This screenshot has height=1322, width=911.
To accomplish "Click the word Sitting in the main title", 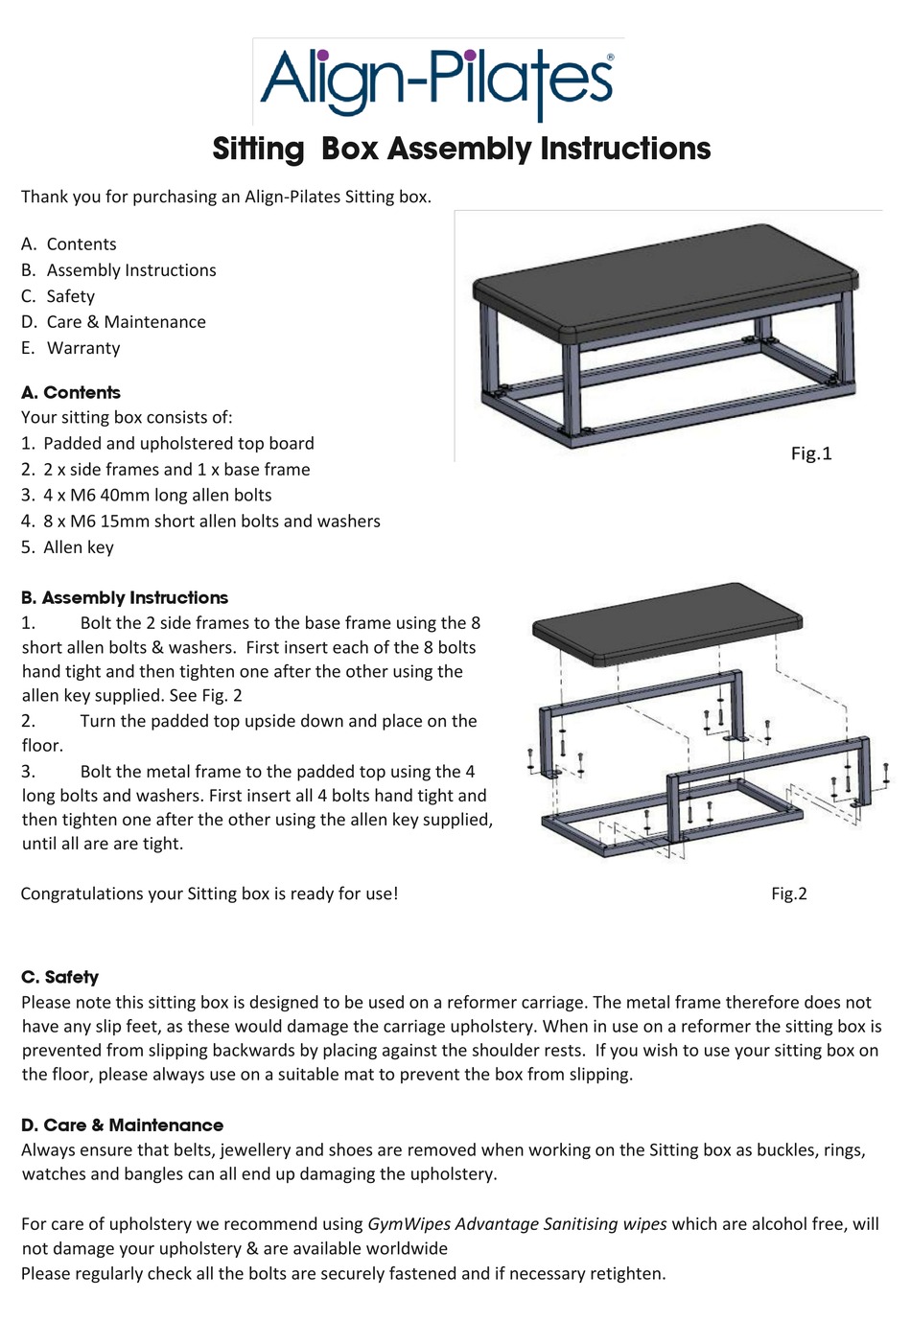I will [x=258, y=149].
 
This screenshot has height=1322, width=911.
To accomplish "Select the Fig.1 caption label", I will [x=810, y=453].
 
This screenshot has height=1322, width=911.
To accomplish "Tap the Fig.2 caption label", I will [x=788, y=893].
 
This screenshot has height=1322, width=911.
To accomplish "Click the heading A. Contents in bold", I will [x=70, y=392].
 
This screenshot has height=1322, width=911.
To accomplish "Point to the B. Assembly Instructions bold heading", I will [x=125, y=597].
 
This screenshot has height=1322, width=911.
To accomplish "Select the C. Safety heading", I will [x=59, y=977].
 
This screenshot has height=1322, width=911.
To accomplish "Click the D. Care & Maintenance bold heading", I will [x=122, y=1125].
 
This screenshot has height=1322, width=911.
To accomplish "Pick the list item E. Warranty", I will [x=71, y=348].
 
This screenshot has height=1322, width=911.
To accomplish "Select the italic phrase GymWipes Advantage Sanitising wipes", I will [x=517, y=1224].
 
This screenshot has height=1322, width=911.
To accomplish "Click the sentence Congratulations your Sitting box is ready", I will [x=209, y=893].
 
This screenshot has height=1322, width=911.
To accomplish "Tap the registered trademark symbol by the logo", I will [x=611, y=58].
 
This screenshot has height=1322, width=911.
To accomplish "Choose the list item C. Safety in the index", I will [x=58, y=296].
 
